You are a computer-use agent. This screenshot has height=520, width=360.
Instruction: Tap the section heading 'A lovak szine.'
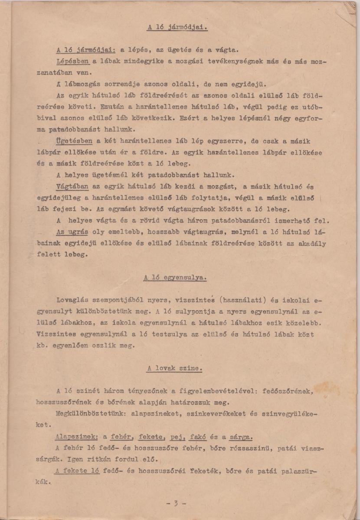174,369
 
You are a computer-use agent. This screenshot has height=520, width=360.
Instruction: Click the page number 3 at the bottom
176,504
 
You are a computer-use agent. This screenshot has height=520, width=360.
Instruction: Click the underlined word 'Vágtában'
72,187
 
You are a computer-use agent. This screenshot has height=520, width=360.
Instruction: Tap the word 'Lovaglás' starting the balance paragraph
72,300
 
